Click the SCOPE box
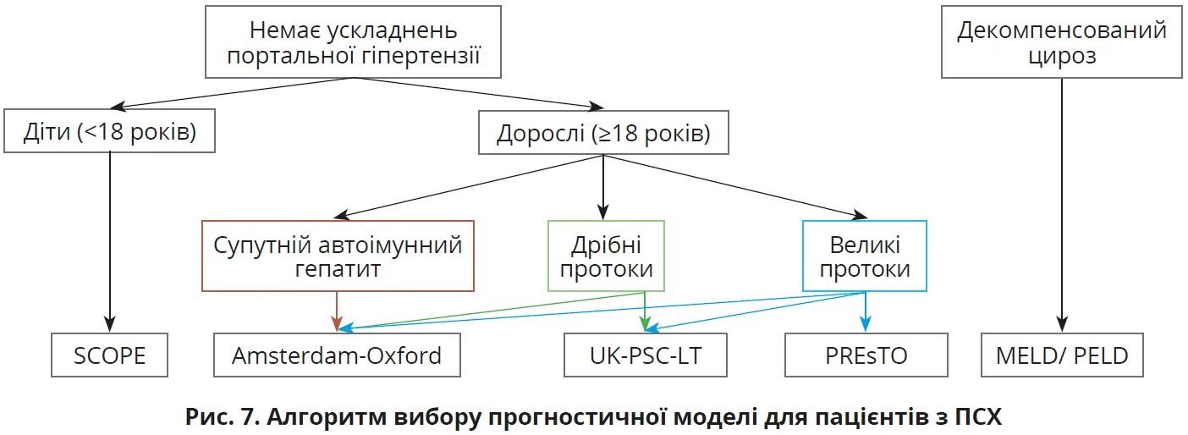tap(110, 355)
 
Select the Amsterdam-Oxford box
tap(337, 355)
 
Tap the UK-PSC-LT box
tap(646, 355)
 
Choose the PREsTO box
tap(866, 355)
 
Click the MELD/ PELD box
tap(1062, 355)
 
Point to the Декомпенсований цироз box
tap(1062, 43)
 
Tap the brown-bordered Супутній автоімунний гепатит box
tap(338, 256)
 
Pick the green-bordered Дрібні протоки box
tap(606, 256)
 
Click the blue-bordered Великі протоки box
tap(865, 256)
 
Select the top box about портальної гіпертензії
tap(354, 43)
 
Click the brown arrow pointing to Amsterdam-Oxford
tap(338, 311)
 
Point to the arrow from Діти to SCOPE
tap(110, 237)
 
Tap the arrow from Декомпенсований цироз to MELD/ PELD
tap(1062, 203)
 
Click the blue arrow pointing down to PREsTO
tap(865, 311)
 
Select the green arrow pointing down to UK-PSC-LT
tap(646, 311)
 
